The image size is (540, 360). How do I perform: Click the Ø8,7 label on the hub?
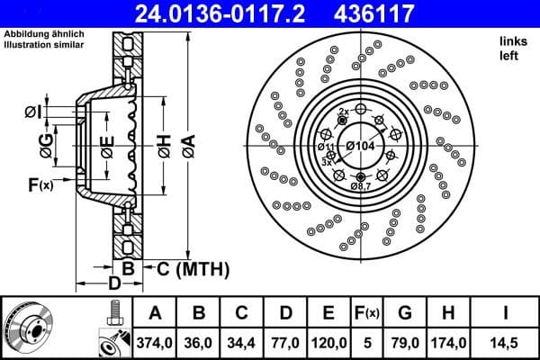point(361,184)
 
